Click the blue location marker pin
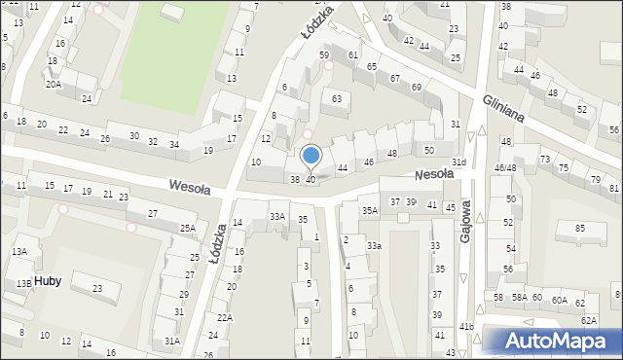[x=311, y=156]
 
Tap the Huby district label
[x=48, y=281]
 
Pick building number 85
[x=580, y=229]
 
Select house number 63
[x=337, y=98]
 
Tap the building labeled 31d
[x=458, y=162]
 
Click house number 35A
[x=370, y=210]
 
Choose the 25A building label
[x=187, y=229]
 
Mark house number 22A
[x=225, y=318]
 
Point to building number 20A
[x=54, y=85]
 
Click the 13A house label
[x=19, y=251]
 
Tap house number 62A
[x=588, y=320]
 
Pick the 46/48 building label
[x=504, y=168]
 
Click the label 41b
[x=466, y=327]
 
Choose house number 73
[x=545, y=159]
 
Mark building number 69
[x=417, y=88]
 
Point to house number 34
[x=174, y=145]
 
